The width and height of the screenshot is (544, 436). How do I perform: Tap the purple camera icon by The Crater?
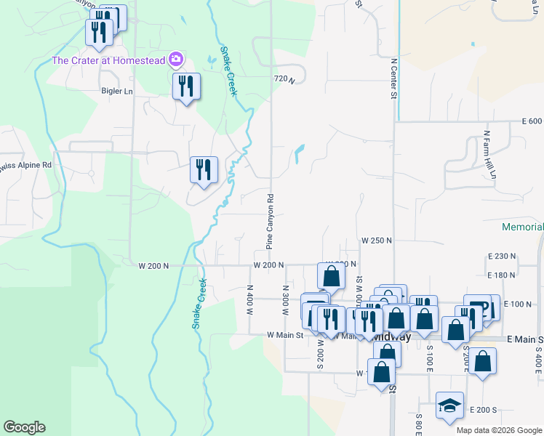click(x=175, y=59)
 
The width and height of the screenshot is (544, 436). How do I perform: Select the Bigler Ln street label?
click(x=117, y=92)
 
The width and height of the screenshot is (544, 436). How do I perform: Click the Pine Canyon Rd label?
click(x=269, y=222)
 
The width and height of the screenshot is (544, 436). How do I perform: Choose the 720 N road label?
click(x=284, y=78)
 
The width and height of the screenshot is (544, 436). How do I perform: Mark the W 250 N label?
click(x=377, y=240)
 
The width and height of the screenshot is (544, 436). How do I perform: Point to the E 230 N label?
click(x=501, y=257)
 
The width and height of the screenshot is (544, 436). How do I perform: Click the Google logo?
click(x=24, y=427)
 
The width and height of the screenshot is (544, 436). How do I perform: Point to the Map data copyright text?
click(x=499, y=430)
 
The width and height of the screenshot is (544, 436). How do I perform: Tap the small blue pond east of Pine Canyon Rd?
click(x=300, y=154)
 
